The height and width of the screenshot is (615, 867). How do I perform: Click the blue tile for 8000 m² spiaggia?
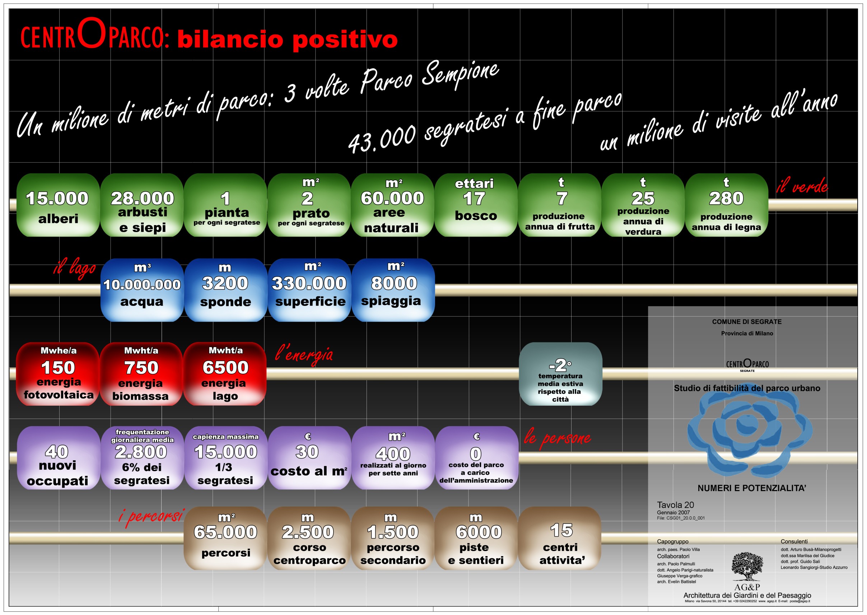click(x=393, y=290)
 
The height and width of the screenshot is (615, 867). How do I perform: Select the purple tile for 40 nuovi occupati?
click(x=58, y=458)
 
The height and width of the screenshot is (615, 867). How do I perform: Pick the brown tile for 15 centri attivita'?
click(x=560, y=539)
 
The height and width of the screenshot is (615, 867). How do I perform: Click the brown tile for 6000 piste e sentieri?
click(x=476, y=539)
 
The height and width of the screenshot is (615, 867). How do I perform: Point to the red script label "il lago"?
click(x=75, y=268)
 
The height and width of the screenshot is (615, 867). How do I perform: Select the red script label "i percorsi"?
click(x=151, y=517)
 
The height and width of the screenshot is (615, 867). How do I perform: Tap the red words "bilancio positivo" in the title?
click(x=287, y=40)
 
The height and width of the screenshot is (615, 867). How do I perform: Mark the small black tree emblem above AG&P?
click(x=747, y=567)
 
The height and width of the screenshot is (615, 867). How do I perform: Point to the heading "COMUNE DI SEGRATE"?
click(x=747, y=322)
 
